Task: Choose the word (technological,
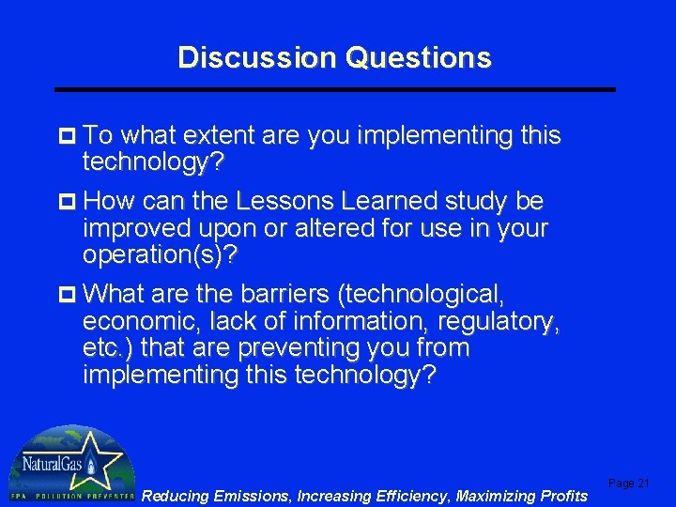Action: click(x=422, y=295)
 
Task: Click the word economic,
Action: click(x=127, y=322)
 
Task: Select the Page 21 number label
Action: click(x=629, y=483)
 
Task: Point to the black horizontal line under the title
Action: click(x=335, y=89)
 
